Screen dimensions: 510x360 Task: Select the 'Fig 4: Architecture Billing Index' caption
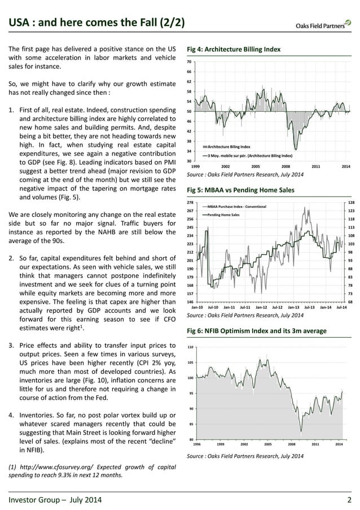(233, 50)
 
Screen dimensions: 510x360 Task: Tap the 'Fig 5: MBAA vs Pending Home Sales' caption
(240, 190)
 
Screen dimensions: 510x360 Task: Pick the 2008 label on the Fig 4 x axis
(286, 166)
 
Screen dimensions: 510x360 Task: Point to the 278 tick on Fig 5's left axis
(190, 202)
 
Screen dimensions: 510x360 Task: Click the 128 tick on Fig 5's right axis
(351, 202)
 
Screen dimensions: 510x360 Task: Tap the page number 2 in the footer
(350, 500)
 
